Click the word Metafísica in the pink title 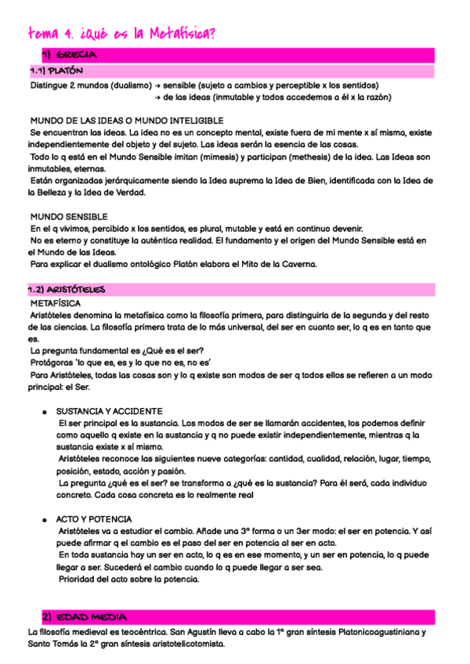click(x=179, y=33)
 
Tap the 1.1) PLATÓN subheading click(x=56, y=71)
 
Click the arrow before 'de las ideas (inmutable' click(x=158, y=97)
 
